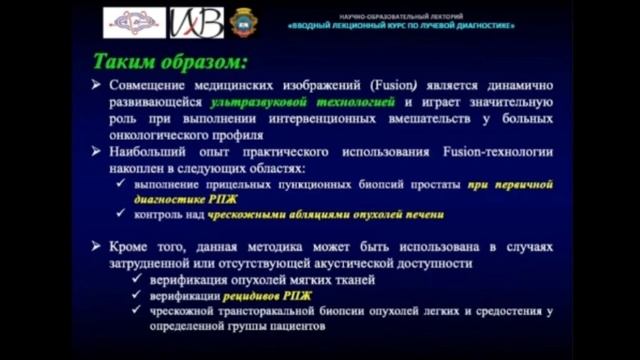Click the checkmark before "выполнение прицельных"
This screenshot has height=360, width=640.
(122, 185)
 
